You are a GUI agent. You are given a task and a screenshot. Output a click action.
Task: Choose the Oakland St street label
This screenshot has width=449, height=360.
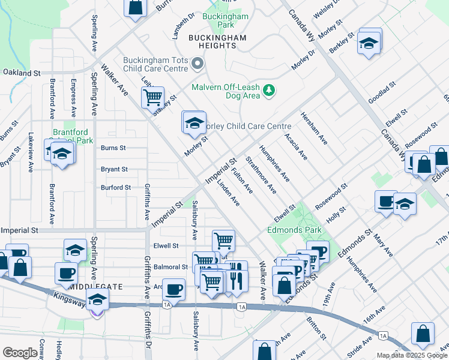pyautogui.click(x=20, y=73)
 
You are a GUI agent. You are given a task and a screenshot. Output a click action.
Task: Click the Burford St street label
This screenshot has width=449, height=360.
pyautogui.click(x=115, y=188)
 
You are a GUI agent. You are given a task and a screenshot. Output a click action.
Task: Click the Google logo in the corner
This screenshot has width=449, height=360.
pyautogui.click(x=19, y=353)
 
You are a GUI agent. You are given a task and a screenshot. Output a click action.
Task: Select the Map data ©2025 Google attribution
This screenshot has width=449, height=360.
pyautogui.click(x=412, y=355)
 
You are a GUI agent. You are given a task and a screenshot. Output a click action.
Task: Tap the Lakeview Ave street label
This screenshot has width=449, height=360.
pyautogui.click(x=30, y=153)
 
